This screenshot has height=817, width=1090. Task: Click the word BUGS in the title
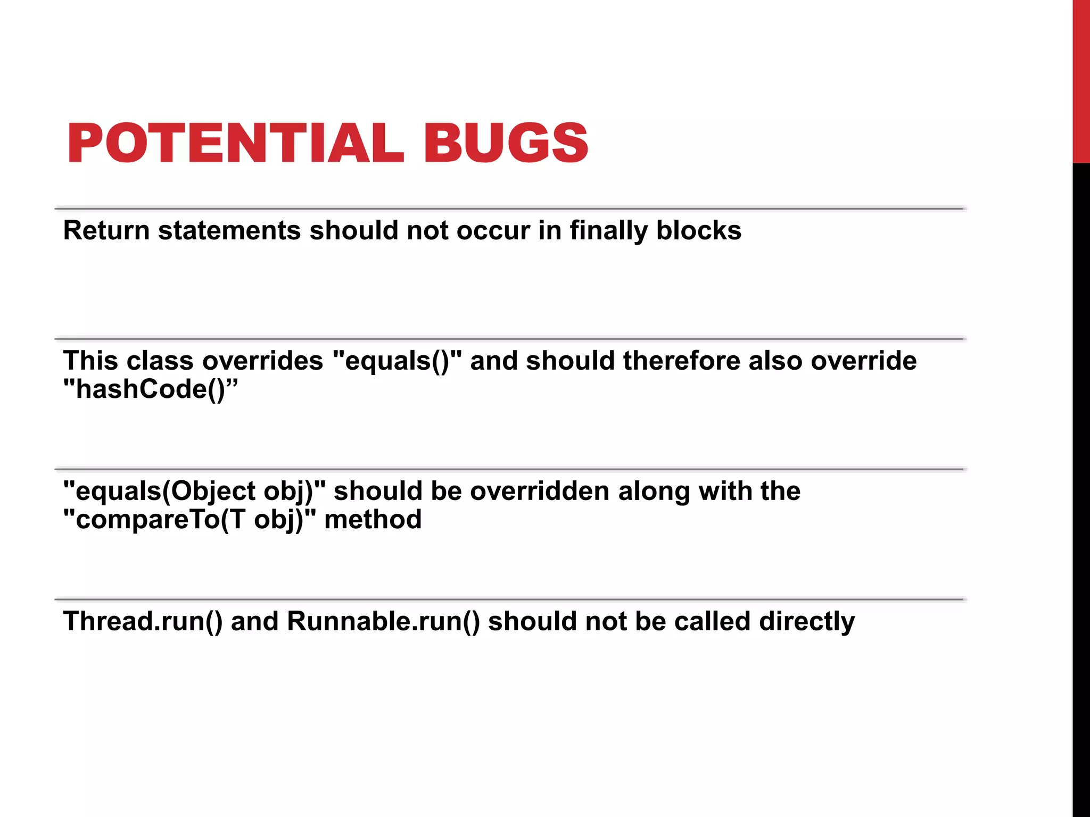pos(506,143)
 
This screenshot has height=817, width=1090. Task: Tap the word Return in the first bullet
pos(106,231)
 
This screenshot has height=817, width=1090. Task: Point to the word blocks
pos(699,231)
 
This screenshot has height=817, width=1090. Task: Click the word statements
pos(229,231)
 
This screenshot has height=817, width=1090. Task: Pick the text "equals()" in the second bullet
pos(397,361)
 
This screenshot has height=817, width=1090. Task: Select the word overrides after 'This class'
pos(262,361)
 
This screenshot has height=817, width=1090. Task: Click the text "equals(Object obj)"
pos(194,491)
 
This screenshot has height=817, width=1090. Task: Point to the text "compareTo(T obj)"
pos(189,519)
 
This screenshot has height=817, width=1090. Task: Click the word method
pos(373,519)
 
